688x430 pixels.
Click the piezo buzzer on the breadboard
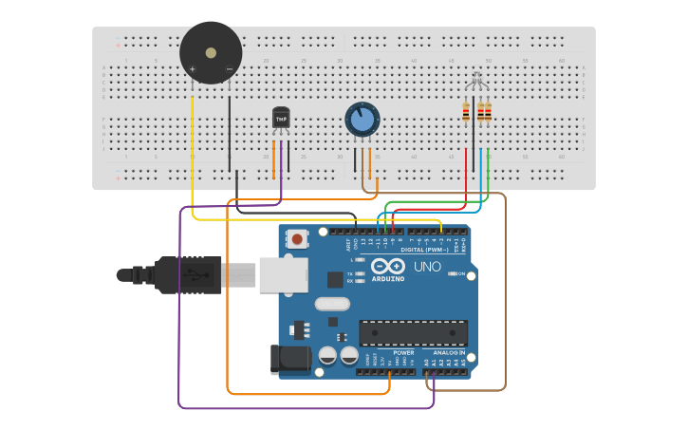(x=211, y=52)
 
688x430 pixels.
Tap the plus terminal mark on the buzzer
(x=193, y=69)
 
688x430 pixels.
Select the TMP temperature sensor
(x=281, y=117)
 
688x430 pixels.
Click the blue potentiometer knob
(x=362, y=120)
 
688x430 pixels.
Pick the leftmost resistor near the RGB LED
(x=466, y=112)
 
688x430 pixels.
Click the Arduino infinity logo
(x=394, y=266)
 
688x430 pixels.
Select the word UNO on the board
(x=427, y=267)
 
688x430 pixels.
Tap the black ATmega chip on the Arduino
(x=413, y=333)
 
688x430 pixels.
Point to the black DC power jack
(x=289, y=359)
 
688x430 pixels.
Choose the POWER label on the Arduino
(x=403, y=352)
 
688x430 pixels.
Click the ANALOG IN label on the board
(x=449, y=352)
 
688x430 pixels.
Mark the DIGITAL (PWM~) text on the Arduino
(x=424, y=250)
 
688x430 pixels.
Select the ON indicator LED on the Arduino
(x=451, y=273)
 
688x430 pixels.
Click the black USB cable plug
(x=190, y=275)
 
